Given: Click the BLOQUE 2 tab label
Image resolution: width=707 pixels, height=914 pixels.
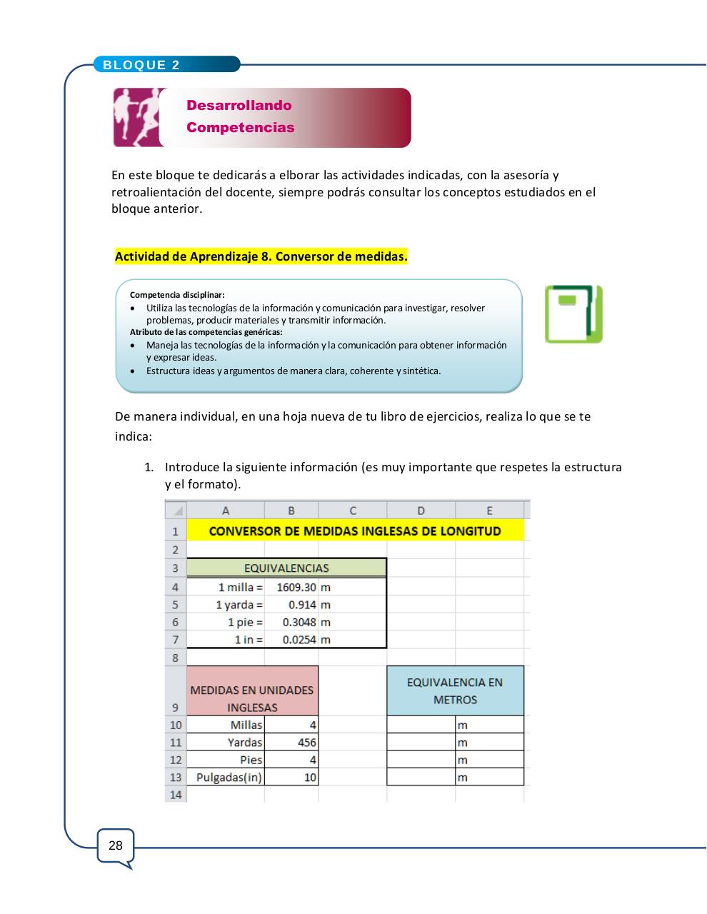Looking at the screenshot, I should click(141, 65).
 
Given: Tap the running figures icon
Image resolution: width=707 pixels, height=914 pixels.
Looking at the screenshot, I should click(136, 117).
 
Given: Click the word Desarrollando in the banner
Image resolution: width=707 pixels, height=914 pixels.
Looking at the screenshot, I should click(239, 106).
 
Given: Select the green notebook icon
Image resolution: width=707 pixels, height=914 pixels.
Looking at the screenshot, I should click(573, 314).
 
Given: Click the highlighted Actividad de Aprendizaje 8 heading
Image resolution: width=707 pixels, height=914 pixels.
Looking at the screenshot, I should click(261, 256).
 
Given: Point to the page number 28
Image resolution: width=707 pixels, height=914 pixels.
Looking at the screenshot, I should click(115, 846).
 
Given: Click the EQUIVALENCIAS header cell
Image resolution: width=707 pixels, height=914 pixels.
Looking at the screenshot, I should click(286, 568).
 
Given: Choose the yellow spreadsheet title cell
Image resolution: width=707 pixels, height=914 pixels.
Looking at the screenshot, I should click(354, 531).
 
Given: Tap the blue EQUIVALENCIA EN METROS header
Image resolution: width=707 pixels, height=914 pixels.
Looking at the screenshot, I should click(455, 690).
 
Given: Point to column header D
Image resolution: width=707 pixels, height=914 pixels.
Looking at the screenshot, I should click(421, 511).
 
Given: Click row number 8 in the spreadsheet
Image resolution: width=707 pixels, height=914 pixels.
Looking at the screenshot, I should click(176, 658).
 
